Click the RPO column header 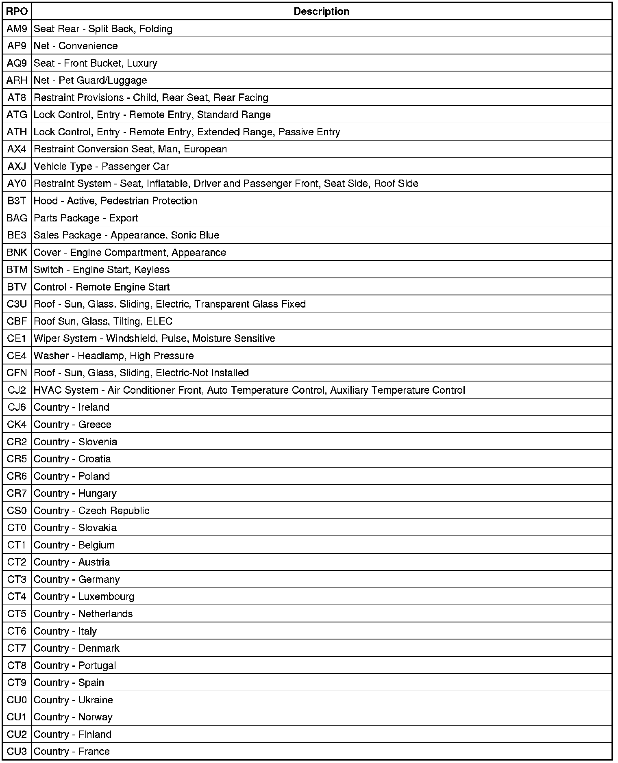tap(17, 11)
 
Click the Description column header tap(321, 11)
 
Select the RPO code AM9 tap(17, 29)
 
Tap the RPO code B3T tap(17, 201)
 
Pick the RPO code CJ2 tap(17, 390)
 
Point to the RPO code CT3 tap(17, 579)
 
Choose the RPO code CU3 tap(17, 751)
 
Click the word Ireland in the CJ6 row tap(94, 407)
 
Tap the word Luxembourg tap(106, 596)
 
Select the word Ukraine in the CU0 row tap(96, 700)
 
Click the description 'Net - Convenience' tap(76, 46)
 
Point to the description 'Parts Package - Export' tap(86, 218)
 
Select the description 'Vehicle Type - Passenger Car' tap(101, 166)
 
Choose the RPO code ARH tap(17, 80)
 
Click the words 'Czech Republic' tap(114, 511)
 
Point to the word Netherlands tap(105, 613)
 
